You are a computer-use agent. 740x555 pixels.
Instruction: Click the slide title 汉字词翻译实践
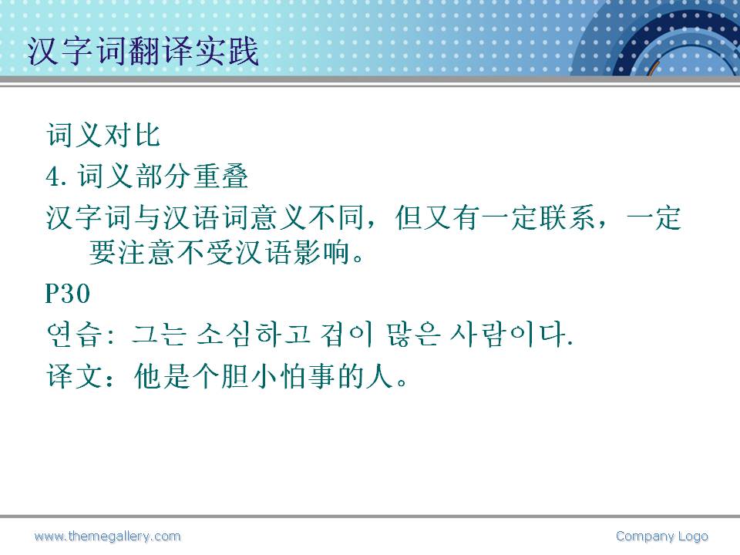(x=143, y=51)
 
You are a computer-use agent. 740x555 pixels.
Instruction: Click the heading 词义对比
(x=103, y=135)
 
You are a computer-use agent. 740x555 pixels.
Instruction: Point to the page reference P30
(x=68, y=294)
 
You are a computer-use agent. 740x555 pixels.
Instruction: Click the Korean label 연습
(x=74, y=335)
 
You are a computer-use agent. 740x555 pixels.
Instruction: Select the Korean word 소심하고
(x=253, y=335)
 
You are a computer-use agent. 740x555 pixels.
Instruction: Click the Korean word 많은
(x=413, y=335)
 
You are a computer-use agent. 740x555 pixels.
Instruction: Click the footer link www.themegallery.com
(x=108, y=536)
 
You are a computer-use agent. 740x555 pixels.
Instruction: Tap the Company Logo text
(x=662, y=536)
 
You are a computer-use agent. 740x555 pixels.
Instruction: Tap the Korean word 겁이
(x=347, y=335)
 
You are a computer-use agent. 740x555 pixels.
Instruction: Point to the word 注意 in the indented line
(x=146, y=252)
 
